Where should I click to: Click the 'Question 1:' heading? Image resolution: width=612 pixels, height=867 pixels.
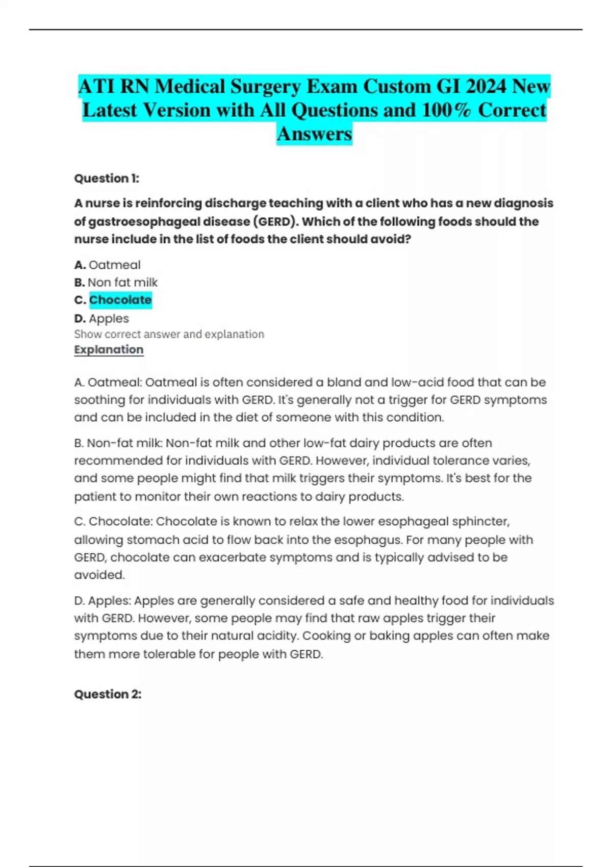[107, 178]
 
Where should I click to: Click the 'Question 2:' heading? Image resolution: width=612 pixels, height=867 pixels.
[108, 694]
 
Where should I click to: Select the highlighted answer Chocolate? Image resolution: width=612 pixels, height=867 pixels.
[120, 300]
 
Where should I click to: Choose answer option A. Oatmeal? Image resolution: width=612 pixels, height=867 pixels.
[108, 265]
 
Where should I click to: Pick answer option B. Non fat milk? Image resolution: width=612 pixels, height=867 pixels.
[116, 283]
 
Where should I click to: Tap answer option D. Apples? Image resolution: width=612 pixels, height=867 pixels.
[102, 319]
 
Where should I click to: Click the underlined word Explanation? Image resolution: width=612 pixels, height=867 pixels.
[109, 350]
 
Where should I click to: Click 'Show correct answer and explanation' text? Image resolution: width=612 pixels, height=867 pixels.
[169, 335]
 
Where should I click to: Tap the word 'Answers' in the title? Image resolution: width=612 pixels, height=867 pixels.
[314, 134]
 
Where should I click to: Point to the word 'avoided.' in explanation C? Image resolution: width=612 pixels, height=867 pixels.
[99, 575]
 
